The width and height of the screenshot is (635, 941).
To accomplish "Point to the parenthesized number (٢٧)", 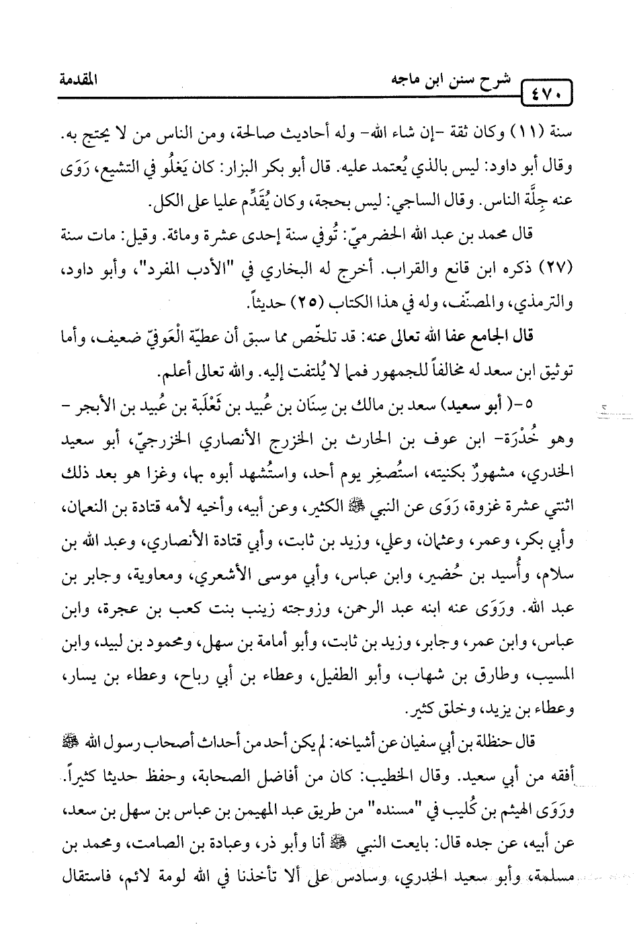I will [557, 261].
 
